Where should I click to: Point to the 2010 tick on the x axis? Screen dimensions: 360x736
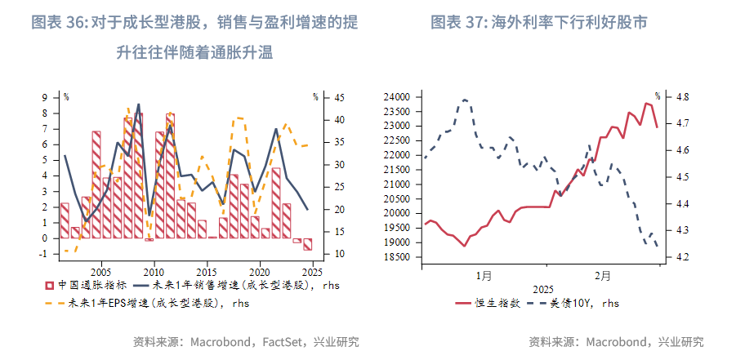[x=154, y=271]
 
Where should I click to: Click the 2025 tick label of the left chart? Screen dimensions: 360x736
[x=311, y=271]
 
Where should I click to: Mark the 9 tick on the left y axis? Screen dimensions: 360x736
[x=47, y=98]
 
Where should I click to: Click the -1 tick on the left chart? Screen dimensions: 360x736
[x=45, y=255]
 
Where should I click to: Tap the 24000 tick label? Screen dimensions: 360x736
[x=395, y=97]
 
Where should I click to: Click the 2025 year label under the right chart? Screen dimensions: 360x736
[x=542, y=289]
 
